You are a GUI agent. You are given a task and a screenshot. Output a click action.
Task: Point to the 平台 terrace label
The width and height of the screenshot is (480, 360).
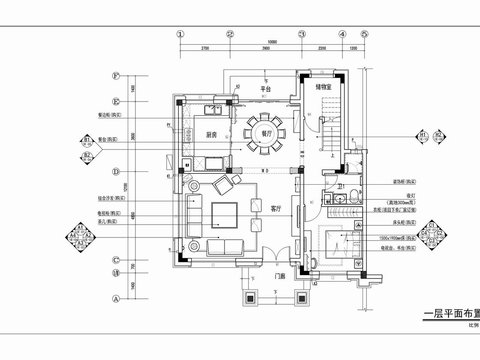(x=266, y=88)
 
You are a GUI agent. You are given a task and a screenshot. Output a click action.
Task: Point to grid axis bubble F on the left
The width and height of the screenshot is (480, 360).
(x=116, y=76)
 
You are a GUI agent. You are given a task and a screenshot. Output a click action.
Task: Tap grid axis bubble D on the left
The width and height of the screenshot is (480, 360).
(x=116, y=171)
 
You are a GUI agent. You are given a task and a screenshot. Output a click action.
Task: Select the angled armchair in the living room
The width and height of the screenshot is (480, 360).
(x=221, y=187)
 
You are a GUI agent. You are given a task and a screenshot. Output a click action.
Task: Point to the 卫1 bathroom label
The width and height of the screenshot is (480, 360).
(x=341, y=187)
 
